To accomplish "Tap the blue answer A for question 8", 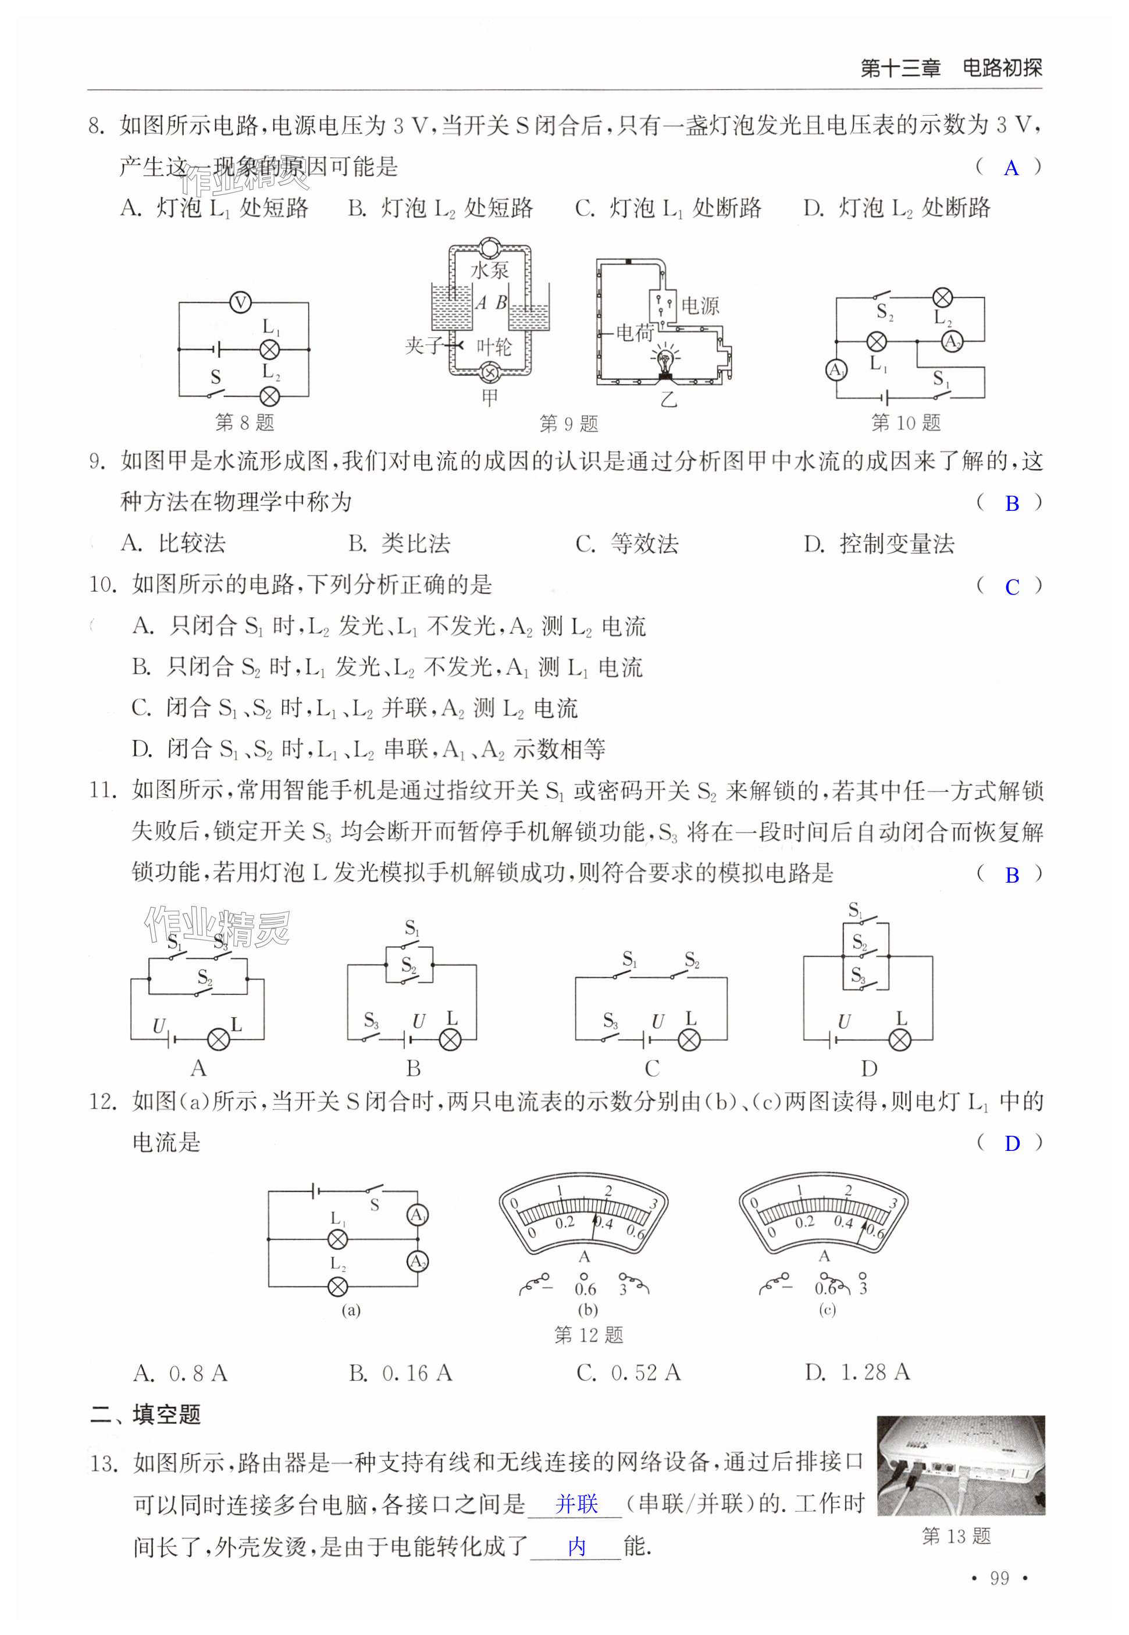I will [x=1011, y=168].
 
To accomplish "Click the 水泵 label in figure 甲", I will [x=490, y=269].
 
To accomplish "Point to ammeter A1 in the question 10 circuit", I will [x=836, y=370].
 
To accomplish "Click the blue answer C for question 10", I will [x=1012, y=587].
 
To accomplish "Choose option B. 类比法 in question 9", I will [x=399, y=543].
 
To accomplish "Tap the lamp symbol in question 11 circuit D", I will [x=900, y=1039].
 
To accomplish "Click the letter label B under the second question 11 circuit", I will [x=413, y=1068].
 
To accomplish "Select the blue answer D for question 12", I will [x=1012, y=1143].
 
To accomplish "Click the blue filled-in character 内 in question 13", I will [x=576, y=1547].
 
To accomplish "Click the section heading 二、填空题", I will [x=146, y=1414].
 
